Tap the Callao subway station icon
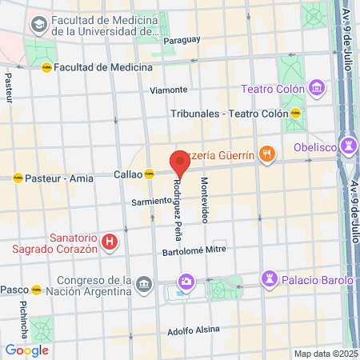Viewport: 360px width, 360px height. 149,174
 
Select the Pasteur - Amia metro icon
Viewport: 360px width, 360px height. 18,178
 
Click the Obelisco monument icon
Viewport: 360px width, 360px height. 348,146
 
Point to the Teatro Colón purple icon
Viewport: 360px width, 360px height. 318,86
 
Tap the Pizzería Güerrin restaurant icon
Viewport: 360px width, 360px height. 268,154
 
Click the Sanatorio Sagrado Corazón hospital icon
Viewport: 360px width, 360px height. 110,241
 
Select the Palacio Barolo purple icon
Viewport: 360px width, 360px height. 268,279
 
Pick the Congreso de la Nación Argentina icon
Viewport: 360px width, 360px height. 144,283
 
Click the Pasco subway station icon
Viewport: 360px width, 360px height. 36,289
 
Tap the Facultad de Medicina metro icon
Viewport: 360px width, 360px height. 47,67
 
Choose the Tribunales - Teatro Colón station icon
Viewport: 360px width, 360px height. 296,114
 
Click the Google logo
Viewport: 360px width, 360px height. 26,350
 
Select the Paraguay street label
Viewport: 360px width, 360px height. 182,39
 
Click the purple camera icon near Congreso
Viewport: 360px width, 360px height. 186,281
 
